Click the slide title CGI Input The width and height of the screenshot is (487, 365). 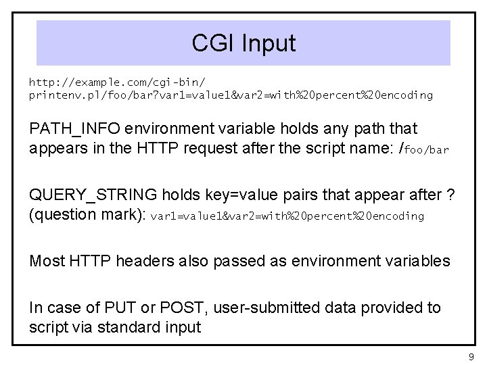(x=243, y=43)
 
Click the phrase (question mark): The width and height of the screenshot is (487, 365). (x=87, y=215)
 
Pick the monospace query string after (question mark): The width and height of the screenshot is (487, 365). (x=287, y=216)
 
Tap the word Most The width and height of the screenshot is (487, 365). (x=46, y=261)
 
